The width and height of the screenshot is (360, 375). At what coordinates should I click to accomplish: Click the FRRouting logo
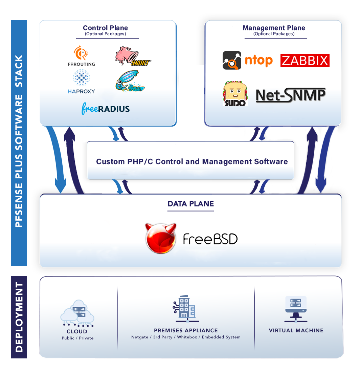[x=81, y=56]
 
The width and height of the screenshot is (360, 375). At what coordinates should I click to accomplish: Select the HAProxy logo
[x=81, y=81]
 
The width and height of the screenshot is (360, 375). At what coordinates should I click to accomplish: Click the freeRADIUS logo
[x=106, y=108]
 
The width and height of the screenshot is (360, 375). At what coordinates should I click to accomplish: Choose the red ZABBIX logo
[x=305, y=61]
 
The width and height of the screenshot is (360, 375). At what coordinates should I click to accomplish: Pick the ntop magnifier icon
[x=232, y=61]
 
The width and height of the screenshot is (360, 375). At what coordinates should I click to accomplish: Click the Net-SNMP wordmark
[x=291, y=95]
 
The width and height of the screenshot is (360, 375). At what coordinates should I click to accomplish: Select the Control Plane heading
[x=105, y=28]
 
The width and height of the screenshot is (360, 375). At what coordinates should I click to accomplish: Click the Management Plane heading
[x=274, y=28]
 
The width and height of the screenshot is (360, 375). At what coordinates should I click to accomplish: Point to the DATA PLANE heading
[x=190, y=204]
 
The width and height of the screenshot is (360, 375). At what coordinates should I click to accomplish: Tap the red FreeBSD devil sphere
[x=161, y=238]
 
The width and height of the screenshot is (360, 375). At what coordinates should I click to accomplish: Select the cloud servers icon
[x=77, y=313]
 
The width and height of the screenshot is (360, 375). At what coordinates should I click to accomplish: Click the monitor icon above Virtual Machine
[x=296, y=308]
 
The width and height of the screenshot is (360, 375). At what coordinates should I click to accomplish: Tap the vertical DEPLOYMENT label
[x=19, y=317]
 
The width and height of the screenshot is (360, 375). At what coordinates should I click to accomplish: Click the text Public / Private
[x=77, y=338]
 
